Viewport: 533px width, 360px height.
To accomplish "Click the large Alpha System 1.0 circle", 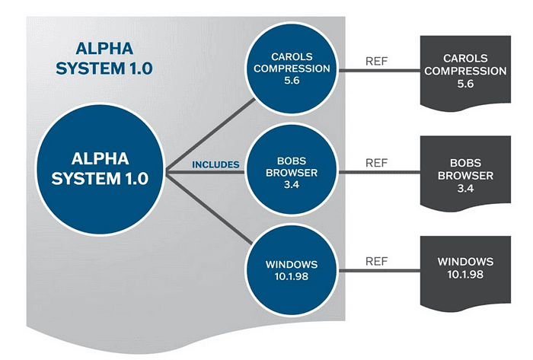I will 101,169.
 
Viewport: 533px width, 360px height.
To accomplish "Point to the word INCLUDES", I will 215,164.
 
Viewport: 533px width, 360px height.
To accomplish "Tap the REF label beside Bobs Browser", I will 377,162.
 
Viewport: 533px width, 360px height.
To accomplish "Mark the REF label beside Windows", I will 377,260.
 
